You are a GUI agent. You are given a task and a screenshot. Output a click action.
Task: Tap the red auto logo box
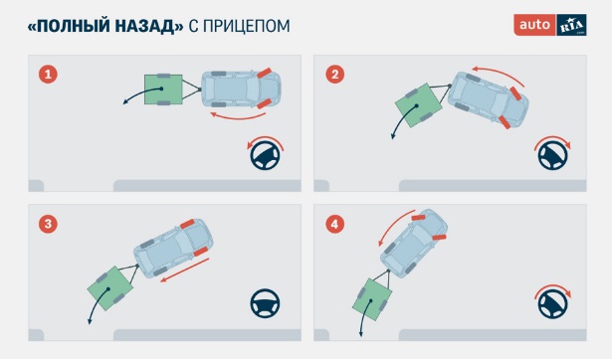[x=534, y=25]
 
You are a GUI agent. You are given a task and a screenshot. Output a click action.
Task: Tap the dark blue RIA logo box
[x=571, y=25]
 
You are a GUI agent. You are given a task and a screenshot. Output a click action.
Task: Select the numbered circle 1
[x=48, y=75]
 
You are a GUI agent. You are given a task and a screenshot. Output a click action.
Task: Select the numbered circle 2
[x=335, y=75]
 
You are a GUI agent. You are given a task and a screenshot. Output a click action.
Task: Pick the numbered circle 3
[x=48, y=224]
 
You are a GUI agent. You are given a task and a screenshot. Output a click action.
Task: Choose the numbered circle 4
[x=335, y=224]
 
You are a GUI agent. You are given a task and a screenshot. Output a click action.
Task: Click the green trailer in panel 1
[x=163, y=90]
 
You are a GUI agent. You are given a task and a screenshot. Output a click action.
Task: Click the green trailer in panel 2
[x=418, y=105]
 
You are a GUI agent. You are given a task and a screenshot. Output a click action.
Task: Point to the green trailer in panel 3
[x=110, y=288]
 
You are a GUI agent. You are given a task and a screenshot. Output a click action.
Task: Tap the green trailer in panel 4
[x=372, y=299]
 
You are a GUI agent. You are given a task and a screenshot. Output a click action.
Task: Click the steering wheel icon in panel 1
[x=265, y=155]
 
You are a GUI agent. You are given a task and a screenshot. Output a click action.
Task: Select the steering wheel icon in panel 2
[x=552, y=155]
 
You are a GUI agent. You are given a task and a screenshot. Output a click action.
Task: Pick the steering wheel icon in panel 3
[x=265, y=302]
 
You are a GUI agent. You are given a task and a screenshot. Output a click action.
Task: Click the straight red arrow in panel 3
[x=185, y=270]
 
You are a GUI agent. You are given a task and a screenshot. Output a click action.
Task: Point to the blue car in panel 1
[x=241, y=89]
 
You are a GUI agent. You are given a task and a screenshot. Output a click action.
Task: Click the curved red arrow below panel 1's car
[x=238, y=116]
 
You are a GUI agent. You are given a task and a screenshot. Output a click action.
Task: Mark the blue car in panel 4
[x=414, y=244]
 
